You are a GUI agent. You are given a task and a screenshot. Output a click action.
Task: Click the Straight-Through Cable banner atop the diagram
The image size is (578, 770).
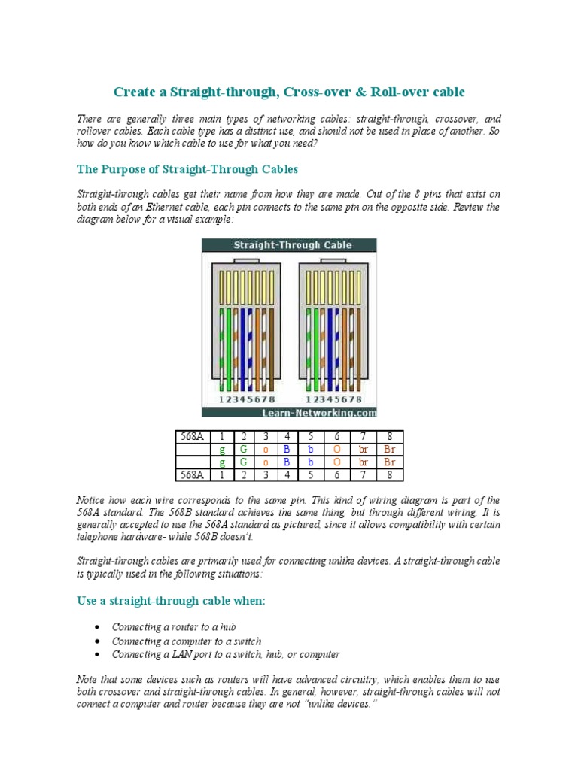click(289, 245)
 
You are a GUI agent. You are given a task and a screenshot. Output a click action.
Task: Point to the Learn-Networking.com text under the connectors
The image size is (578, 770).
click(319, 412)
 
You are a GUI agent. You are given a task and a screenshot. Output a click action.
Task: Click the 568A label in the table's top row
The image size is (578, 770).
click(193, 437)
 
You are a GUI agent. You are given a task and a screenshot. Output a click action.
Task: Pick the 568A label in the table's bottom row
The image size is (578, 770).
click(193, 474)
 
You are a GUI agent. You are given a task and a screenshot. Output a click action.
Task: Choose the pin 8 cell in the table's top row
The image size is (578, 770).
click(388, 437)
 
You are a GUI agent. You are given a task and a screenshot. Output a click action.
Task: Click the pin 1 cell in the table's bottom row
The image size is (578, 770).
click(222, 474)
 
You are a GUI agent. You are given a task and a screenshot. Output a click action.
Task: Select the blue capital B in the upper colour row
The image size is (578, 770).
click(287, 450)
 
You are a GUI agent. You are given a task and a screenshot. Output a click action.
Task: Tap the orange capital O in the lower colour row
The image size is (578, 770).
click(336, 462)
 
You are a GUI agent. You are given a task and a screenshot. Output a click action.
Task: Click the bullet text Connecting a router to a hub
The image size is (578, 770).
click(175, 626)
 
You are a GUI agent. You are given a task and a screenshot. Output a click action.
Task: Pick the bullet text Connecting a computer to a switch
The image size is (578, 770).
click(187, 641)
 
